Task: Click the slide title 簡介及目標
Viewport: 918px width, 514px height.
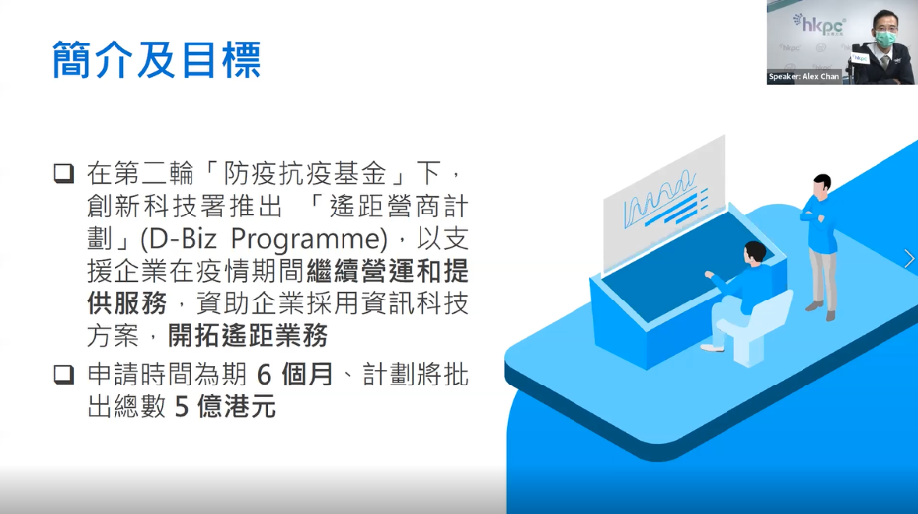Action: tap(156, 59)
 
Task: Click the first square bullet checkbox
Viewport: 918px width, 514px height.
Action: tap(64, 174)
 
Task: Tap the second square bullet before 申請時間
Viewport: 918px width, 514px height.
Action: tap(64, 375)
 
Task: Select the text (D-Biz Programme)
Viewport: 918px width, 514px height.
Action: tap(264, 239)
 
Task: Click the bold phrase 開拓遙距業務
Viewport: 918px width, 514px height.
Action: tap(248, 336)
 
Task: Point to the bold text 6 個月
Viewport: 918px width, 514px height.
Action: tap(294, 375)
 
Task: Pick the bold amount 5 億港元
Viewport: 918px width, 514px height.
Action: tap(225, 406)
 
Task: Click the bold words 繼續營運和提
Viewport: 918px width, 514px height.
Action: tap(387, 271)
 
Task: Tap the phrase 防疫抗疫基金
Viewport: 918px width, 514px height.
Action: tap(304, 174)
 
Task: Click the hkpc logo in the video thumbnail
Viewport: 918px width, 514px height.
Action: tap(819, 24)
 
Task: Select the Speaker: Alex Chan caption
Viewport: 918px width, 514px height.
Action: tap(803, 77)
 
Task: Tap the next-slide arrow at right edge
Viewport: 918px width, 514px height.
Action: tap(909, 258)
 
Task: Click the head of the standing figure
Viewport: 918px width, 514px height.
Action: tap(822, 184)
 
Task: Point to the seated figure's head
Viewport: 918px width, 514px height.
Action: tap(755, 253)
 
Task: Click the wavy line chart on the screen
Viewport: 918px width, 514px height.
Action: tap(659, 201)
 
